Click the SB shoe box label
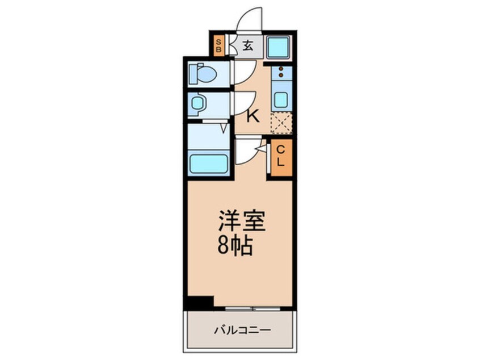coord(218,45)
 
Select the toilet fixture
coord(203,74)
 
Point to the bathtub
coord(208,164)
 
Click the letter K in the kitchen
coord(253,116)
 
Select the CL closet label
coord(280,156)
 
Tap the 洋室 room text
coord(242,220)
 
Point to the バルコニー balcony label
coord(242,330)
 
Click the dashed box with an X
coord(281,123)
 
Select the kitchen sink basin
coord(281,99)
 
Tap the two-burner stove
coord(281,73)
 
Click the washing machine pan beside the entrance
coord(278,47)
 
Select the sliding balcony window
coord(253,308)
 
